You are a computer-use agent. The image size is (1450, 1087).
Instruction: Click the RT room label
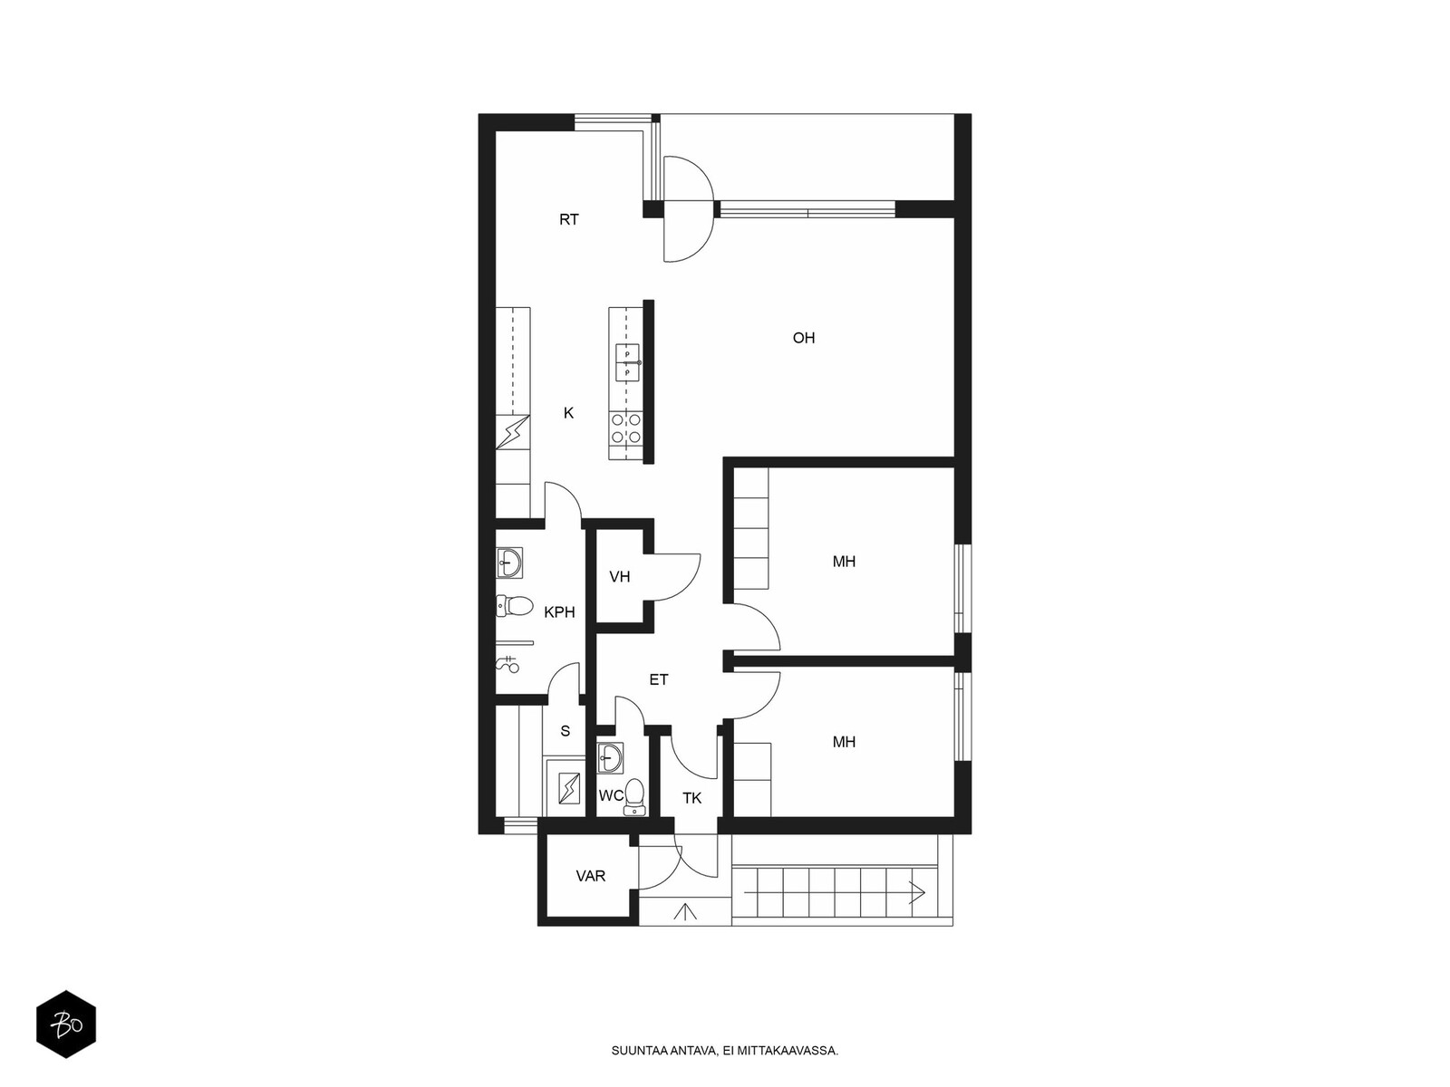(x=569, y=220)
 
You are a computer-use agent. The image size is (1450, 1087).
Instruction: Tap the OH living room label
(x=803, y=338)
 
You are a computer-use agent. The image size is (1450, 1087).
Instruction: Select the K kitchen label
(x=568, y=413)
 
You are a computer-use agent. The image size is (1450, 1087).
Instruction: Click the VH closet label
(x=620, y=577)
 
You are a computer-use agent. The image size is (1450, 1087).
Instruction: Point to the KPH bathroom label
(x=559, y=612)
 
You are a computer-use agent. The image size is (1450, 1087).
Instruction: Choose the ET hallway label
(x=659, y=679)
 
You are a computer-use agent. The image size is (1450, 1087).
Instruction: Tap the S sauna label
(x=565, y=731)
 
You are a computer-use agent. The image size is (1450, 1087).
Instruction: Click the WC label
(x=611, y=796)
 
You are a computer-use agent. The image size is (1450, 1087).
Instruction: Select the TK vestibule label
(x=691, y=799)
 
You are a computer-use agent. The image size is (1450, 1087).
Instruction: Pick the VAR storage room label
(x=591, y=876)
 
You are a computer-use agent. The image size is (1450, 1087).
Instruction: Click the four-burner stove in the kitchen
(x=625, y=427)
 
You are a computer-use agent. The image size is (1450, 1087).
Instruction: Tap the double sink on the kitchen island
(x=627, y=363)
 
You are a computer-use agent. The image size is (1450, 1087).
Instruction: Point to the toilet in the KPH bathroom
(x=515, y=605)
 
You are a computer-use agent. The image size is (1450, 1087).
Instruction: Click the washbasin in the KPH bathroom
(x=509, y=563)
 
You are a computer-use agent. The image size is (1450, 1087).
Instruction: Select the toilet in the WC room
(x=634, y=796)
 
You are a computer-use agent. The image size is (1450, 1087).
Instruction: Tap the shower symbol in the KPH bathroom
(x=508, y=664)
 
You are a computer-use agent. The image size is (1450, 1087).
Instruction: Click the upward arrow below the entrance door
(x=685, y=911)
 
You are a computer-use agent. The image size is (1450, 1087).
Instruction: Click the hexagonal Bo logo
(x=66, y=1024)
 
